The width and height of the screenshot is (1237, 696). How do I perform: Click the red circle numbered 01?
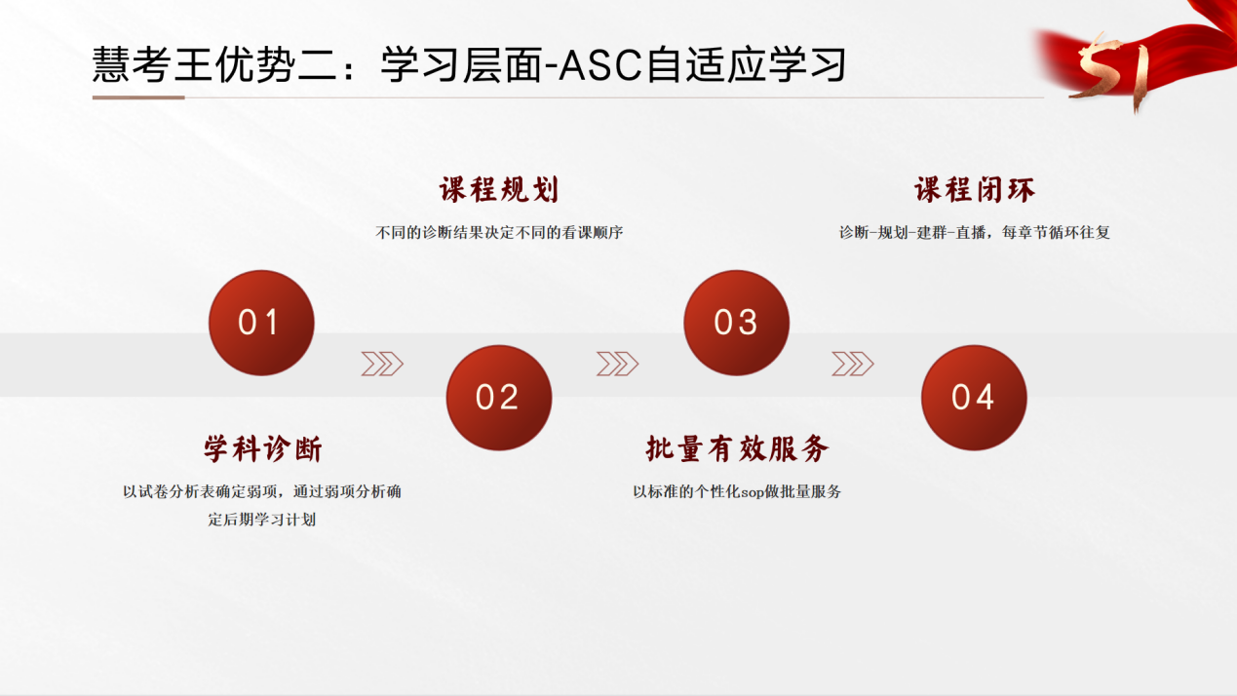[261, 323]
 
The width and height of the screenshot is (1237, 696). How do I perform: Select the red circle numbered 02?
[499, 398]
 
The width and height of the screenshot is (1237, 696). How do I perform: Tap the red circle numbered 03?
[736, 323]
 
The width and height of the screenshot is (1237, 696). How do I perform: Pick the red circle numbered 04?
[974, 398]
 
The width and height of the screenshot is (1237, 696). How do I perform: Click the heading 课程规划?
[499, 190]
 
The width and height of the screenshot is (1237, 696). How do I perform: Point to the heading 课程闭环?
[974, 190]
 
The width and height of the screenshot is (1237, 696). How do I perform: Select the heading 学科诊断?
[262, 448]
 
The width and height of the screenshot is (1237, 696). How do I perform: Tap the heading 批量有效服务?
[737, 448]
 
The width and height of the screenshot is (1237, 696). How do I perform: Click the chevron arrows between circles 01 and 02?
[382, 364]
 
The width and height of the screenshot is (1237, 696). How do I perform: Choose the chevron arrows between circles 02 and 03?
[617, 364]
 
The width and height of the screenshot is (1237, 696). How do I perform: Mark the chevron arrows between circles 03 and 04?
[853, 364]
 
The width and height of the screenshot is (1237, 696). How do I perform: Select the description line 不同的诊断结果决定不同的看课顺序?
[499, 233]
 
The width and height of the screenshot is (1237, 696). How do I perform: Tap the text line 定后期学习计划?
[262, 520]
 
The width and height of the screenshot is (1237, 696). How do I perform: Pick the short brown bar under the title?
[138, 97]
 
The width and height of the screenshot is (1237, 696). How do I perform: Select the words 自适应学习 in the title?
[746, 64]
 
